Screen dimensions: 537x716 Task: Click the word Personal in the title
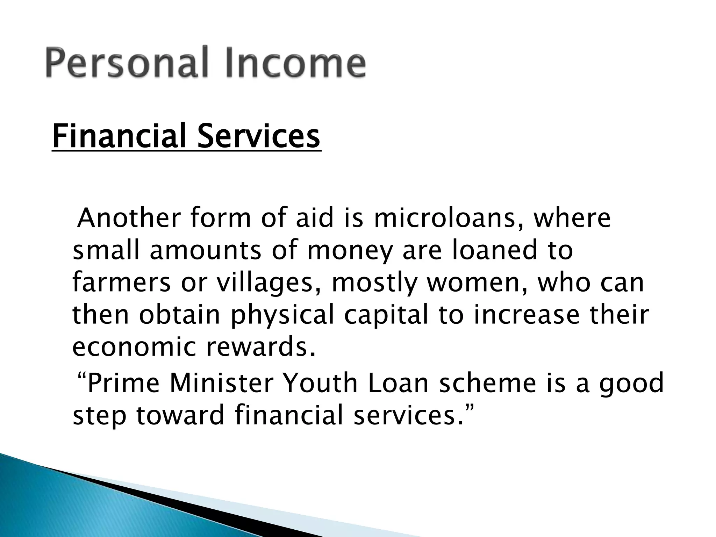click(x=126, y=63)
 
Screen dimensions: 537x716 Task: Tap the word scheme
click(x=487, y=382)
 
